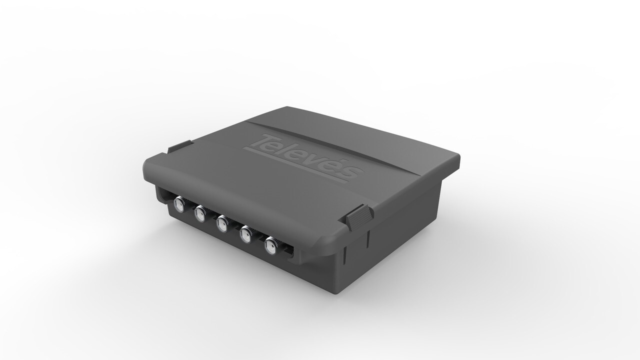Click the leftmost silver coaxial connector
point(178,203)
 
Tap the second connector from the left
point(200,214)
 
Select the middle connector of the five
point(222,223)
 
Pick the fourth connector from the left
point(245,234)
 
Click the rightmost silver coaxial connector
point(271,245)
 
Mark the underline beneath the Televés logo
point(295,163)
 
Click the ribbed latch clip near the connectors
point(359,216)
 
